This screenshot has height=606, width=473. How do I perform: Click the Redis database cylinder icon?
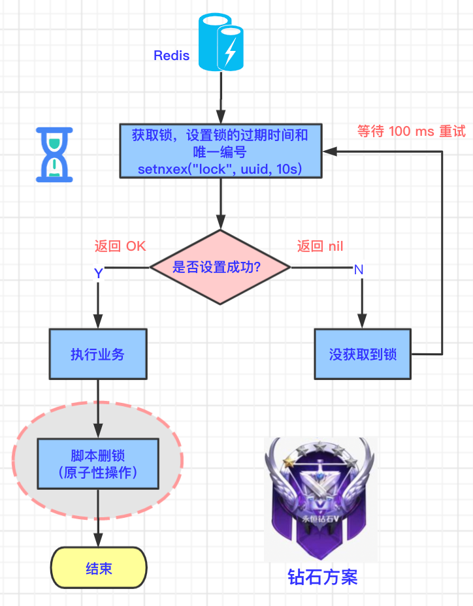221,43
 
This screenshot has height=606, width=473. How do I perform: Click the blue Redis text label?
171,56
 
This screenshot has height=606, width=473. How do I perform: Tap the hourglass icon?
54,155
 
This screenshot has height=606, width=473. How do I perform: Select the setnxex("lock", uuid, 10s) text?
220,168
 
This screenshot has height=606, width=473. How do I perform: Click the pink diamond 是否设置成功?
220,267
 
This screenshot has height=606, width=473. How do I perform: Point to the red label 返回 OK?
120,246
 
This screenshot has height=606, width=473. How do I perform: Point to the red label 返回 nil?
320,246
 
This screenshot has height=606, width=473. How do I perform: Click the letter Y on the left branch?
98,274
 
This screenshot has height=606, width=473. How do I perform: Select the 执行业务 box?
97,355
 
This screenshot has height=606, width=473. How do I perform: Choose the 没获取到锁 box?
363,355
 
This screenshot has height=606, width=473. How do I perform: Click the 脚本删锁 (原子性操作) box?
97,464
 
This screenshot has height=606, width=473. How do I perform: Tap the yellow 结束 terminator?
99,568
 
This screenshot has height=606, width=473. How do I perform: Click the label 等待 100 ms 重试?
411,131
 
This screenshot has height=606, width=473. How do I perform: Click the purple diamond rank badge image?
320,500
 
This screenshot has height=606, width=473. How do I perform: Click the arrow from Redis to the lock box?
221,98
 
